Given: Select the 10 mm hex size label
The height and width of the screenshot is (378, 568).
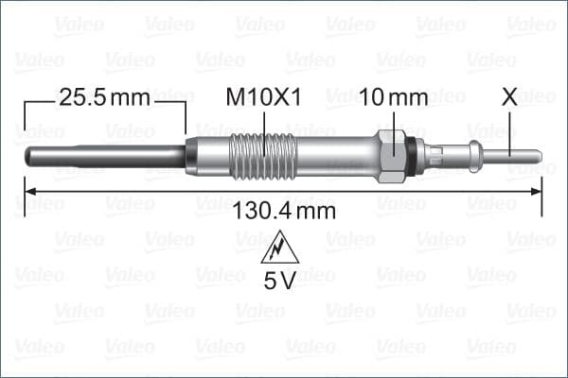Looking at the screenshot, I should [x=394, y=97].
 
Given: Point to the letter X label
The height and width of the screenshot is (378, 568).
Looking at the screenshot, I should [x=509, y=97].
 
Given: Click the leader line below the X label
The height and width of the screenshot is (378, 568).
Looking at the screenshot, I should [x=509, y=128].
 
